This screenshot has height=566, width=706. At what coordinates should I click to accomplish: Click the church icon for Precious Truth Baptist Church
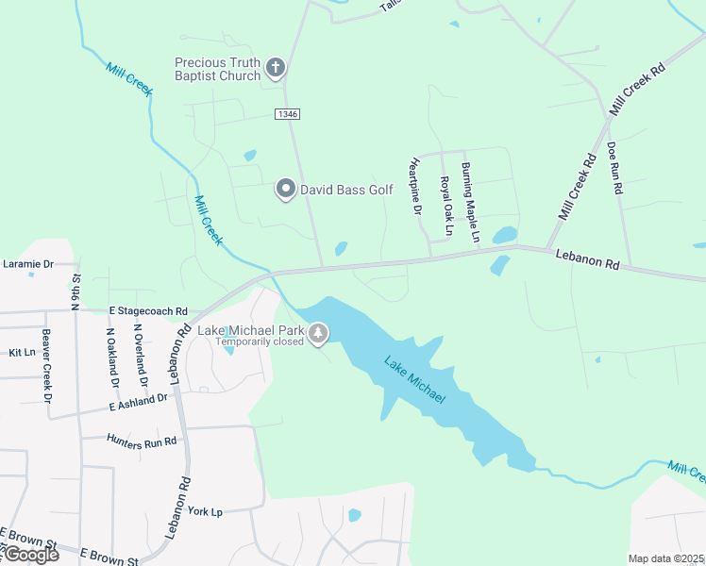pyautogui.click(x=276, y=67)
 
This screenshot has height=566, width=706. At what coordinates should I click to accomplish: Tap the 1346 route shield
pyautogui.click(x=288, y=114)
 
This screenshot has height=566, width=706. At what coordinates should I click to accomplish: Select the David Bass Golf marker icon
pyautogui.click(x=285, y=190)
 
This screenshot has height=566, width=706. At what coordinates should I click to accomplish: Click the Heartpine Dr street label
pyautogui.click(x=414, y=185)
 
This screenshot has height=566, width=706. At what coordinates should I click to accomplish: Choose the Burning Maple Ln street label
pyautogui.click(x=470, y=202)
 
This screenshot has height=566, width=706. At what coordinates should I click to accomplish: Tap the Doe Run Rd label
pyautogui.click(x=614, y=168)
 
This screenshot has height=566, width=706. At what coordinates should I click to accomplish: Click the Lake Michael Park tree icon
pyautogui.click(x=319, y=333)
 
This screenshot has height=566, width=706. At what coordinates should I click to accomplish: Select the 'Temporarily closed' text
pyautogui.click(x=259, y=341)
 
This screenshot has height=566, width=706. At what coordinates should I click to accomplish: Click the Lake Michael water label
pyautogui.click(x=414, y=381)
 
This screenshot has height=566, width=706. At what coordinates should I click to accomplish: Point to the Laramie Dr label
pyautogui.click(x=28, y=264)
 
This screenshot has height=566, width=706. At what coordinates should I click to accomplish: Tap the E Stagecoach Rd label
pyautogui.click(x=148, y=310)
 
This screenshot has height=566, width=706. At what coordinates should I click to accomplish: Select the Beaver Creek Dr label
pyautogui.click(x=45, y=366)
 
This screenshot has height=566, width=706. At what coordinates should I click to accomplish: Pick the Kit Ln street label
pyautogui.click(x=21, y=352)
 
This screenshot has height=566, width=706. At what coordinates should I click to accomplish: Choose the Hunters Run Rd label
pyautogui.click(x=142, y=441)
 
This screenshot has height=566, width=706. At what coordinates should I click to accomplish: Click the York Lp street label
pyautogui.click(x=205, y=510)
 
